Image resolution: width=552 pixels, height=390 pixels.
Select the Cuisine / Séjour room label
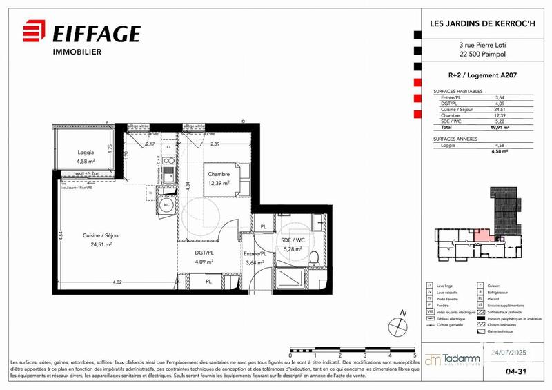[x=102, y=240]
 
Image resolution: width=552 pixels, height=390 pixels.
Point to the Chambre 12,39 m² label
[x=219, y=178]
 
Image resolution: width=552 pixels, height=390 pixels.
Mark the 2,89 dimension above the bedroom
[x=215, y=144]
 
